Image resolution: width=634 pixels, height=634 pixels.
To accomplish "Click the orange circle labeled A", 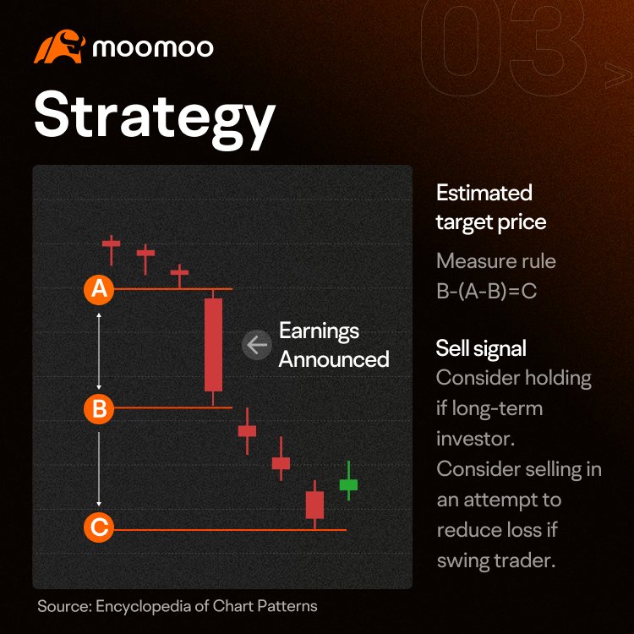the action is point(99,289).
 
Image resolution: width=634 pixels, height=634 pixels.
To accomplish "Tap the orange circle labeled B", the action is point(99,408).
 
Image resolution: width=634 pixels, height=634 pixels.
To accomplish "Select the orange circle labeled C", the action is point(99,527).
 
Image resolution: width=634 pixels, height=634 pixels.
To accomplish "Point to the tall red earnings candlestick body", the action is point(214,345).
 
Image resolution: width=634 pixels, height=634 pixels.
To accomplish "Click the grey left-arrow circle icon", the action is point(257,345).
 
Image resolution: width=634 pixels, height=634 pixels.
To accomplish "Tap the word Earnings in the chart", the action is point(319,331).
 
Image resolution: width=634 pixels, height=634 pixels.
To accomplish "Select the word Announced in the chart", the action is point(334,359).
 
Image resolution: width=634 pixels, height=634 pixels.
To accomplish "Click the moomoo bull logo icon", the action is point(59,46).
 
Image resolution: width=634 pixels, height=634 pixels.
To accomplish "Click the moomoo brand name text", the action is point(153,48).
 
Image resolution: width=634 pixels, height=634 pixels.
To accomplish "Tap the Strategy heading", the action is point(155,118).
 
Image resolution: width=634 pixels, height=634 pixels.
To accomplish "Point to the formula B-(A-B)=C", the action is point(487,291).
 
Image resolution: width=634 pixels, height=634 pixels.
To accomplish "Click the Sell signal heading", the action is point(481,348).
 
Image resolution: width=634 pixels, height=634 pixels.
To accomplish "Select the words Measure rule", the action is point(496,261).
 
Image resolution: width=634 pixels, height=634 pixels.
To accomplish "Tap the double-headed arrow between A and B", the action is point(99,351).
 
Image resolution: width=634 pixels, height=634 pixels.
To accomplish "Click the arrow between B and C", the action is point(99,469).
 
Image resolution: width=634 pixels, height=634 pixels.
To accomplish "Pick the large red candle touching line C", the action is point(314,505).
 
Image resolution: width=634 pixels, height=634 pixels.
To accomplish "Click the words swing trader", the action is point(496,560).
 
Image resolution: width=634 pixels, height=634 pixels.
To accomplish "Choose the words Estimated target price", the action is point(491,207).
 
